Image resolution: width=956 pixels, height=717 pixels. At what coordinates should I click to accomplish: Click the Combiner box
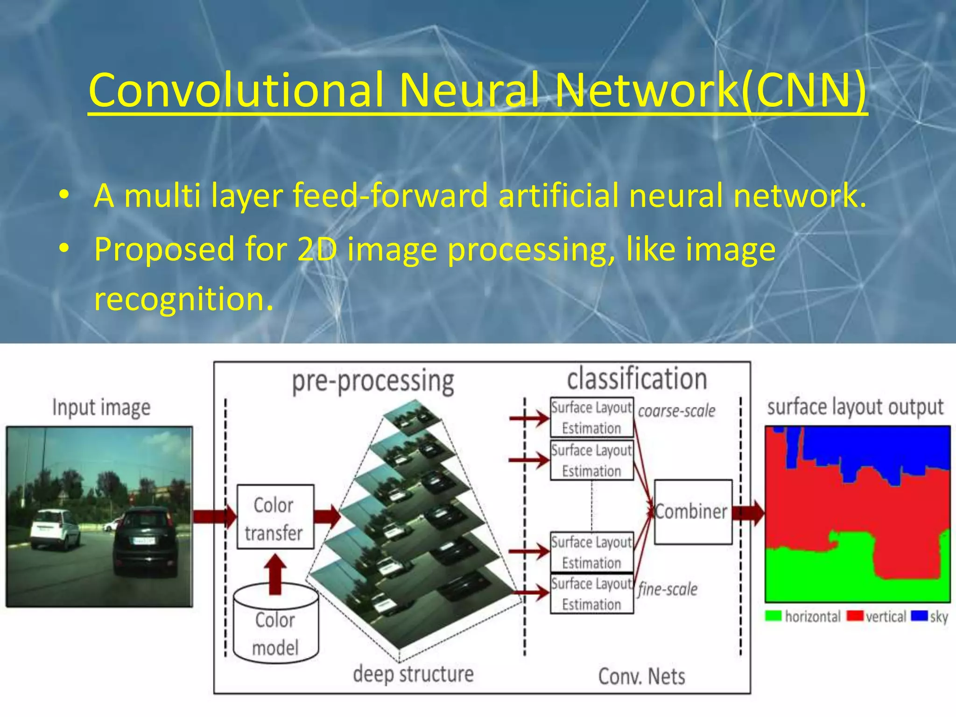pos(693,512)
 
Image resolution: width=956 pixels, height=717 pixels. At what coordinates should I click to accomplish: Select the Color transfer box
pos(275,517)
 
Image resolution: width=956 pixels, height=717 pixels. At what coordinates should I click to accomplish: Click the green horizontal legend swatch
pos(773,616)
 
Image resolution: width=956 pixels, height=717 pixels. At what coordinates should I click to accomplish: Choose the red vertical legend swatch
pos(855,616)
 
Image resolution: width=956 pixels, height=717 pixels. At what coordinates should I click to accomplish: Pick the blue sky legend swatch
pos(919,616)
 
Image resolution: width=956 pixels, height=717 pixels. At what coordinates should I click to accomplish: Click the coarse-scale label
pos(676,411)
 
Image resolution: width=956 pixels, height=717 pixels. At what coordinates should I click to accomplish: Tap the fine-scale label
pos(668,589)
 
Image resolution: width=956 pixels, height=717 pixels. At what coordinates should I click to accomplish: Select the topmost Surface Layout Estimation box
pos(591,417)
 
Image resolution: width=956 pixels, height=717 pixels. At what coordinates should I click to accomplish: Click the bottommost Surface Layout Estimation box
pos(591,594)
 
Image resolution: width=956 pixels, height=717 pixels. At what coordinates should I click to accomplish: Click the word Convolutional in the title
pos(236,90)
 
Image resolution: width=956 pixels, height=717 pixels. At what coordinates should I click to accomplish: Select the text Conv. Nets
pos(641,676)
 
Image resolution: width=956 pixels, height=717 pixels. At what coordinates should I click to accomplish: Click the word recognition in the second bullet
pos(183,299)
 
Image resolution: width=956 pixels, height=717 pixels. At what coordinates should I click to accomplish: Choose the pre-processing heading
pos(373,382)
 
